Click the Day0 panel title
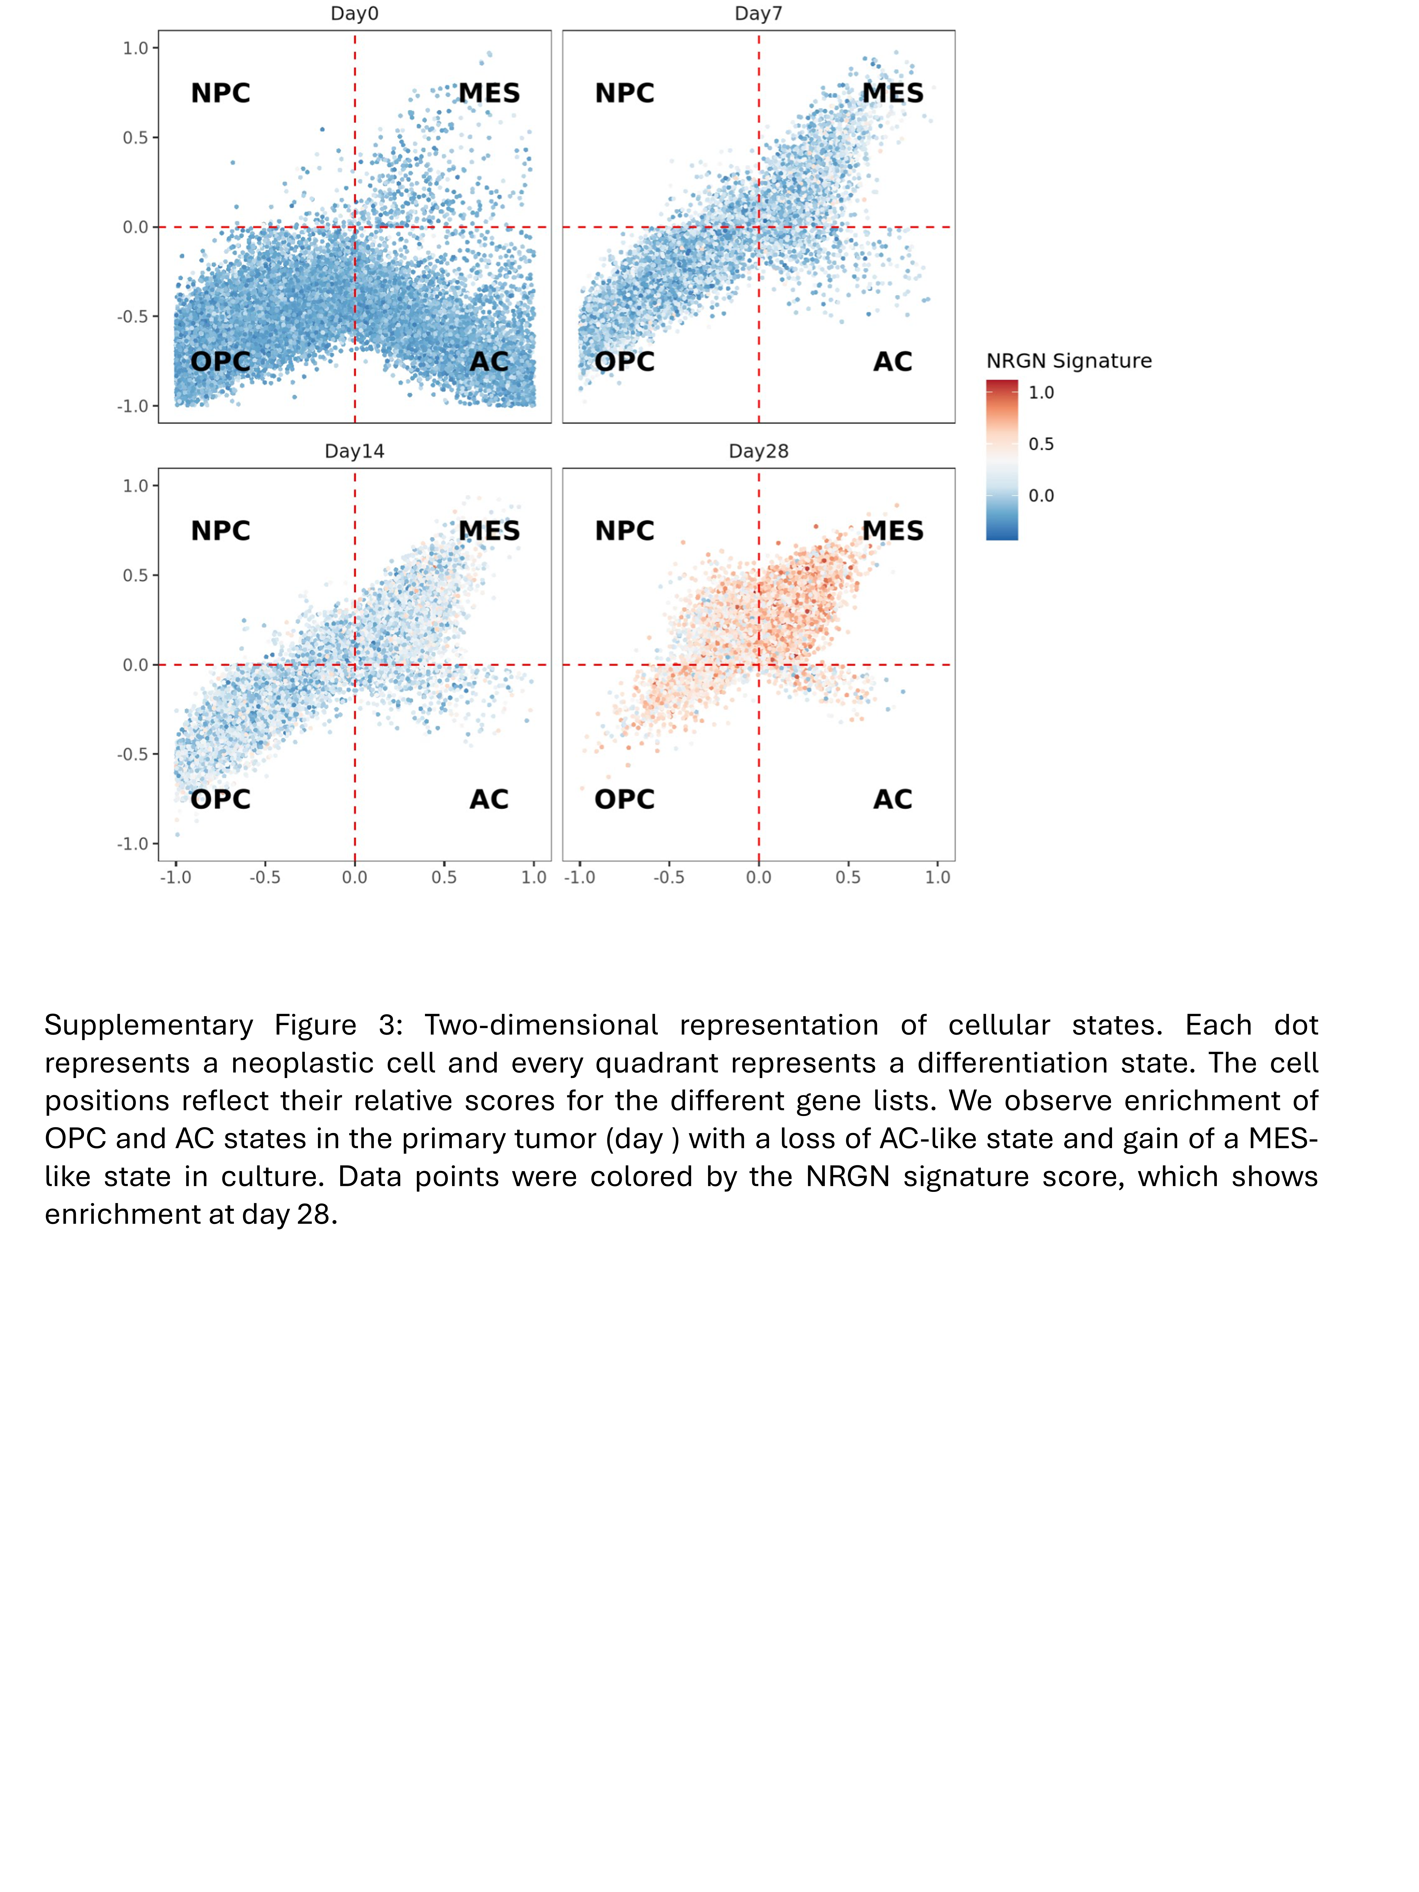click(x=354, y=14)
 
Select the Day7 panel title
click(x=758, y=14)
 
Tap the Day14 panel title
click(x=354, y=452)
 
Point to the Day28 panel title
click(x=758, y=452)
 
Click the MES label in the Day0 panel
click(x=489, y=93)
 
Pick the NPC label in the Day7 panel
click(x=625, y=93)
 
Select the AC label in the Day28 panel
click(x=892, y=800)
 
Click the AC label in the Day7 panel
click(x=892, y=362)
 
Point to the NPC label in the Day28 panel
click(x=625, y=531)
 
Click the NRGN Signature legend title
click(x=1068, y=361)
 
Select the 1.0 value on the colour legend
click(x=1041, y=393)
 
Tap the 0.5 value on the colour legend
click(x=1041, y=444)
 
